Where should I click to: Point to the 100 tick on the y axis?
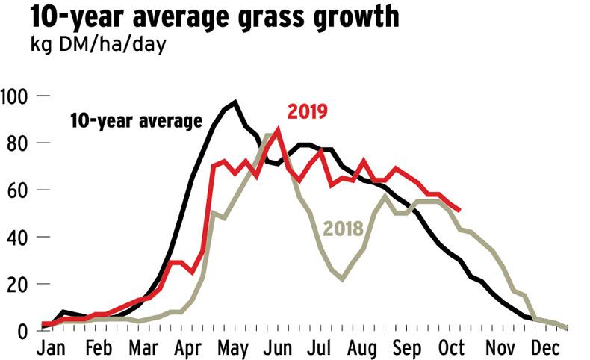[x=15, y=96]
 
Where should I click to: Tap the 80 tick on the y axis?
[x=18, y=143]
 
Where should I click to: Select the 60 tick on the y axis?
[x=18, y=190]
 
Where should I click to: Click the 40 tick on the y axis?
[x=18, y=237]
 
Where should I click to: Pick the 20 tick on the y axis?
[x=18, y=284]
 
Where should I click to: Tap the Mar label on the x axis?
[x=143, y=348]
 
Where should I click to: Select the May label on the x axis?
[x=233, y=348]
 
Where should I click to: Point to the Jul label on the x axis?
[x=321, y=348]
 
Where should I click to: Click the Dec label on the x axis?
[x=545, y=348]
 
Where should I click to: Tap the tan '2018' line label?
[x=342, y=228]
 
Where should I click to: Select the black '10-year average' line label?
[x=136, y=121]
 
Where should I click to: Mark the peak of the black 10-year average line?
[x=235, y=102]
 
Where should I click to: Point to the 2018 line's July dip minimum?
[x=342, y=279]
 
